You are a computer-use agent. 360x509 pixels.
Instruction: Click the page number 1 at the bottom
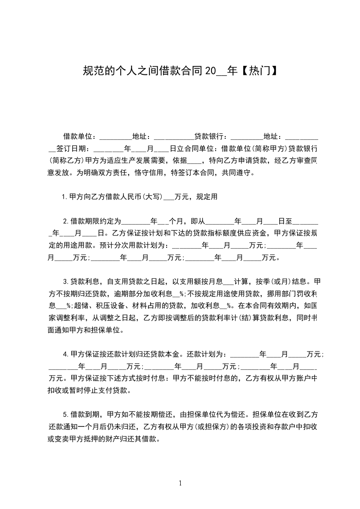pos(180,483)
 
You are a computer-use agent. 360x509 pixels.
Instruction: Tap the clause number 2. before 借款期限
pos(66,222)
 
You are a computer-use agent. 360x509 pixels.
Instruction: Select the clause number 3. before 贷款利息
pos(66,281)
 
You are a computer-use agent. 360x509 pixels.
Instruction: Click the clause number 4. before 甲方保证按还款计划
pos(66,354)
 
